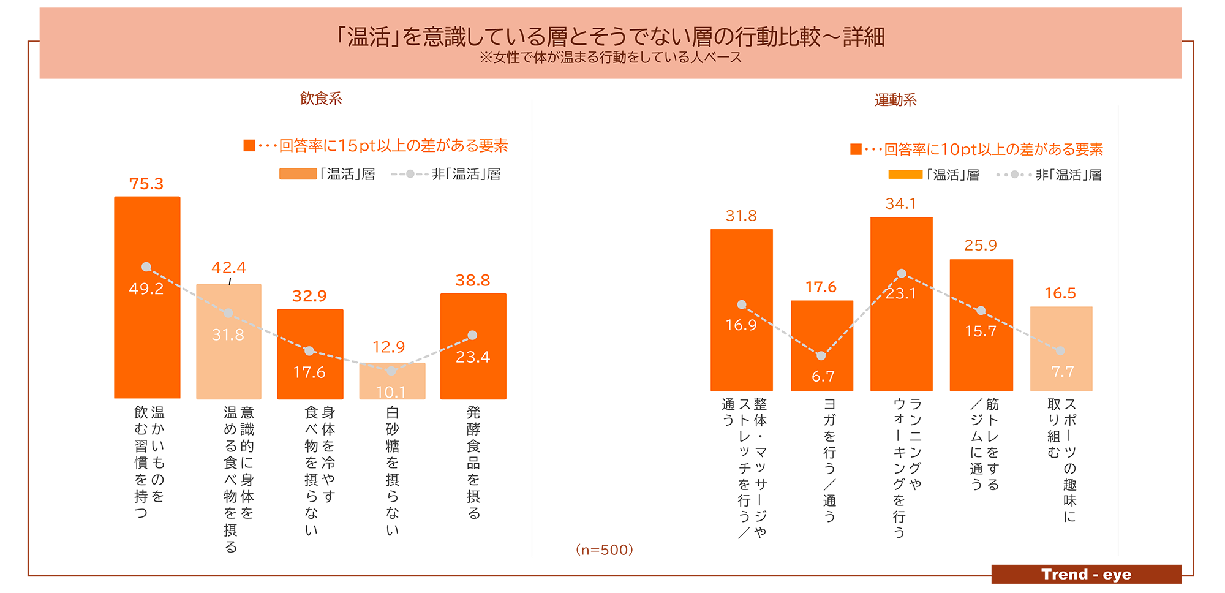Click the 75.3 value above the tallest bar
(x=146, y=184)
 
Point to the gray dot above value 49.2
(x=146, y=267)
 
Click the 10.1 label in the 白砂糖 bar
(x=391, y=392)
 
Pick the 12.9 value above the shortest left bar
(x=389, y=347)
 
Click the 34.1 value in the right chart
(x=900, y=204)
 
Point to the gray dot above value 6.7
(x=821, y=356)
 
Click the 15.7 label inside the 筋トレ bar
(x=981, y=331)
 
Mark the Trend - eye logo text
(x=1086, y=574)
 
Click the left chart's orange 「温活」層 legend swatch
(x=298, y=174)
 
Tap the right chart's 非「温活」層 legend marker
(x=1014, y=175)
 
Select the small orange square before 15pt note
(x=249, y=145)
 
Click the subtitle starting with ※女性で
(x=610, y=58)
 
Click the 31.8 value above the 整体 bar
(x=741, y=216)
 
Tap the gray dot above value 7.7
(x=1060, y=351)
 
